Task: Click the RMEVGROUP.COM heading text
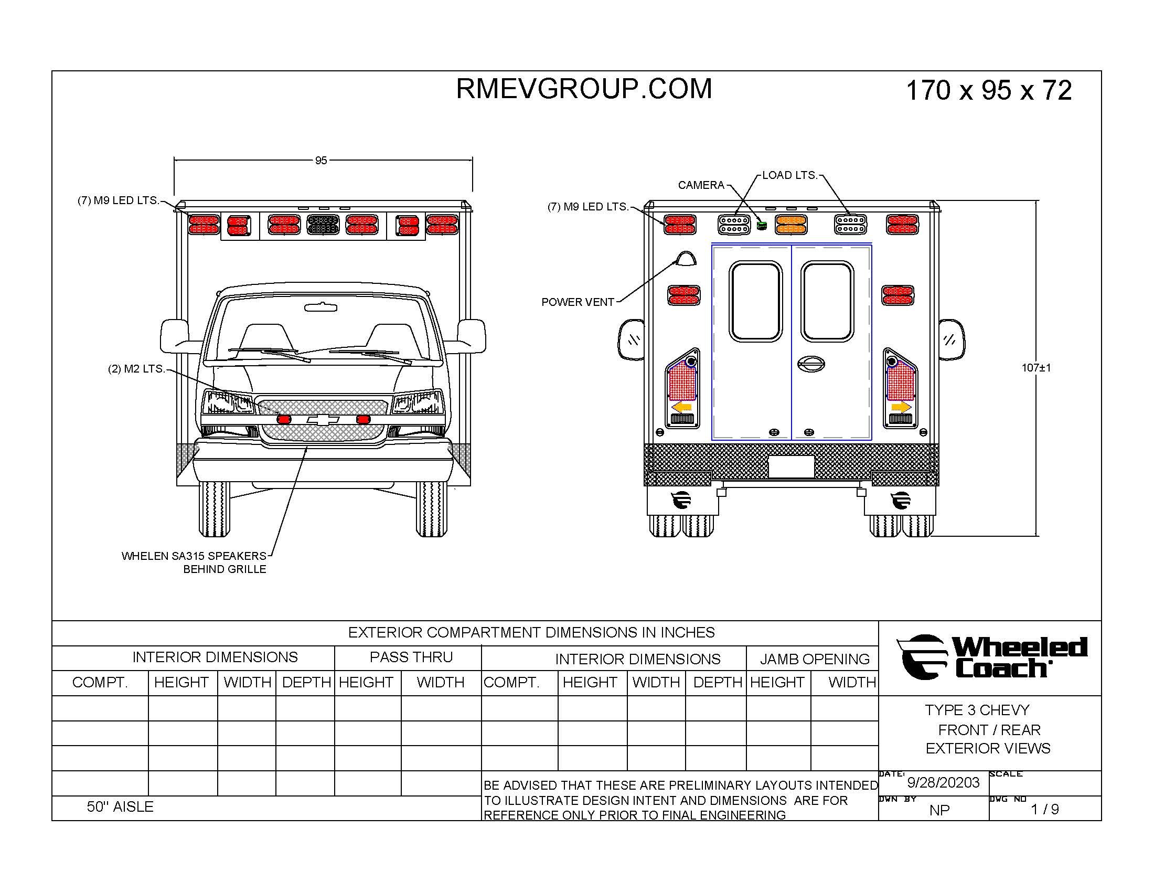pos(584,89)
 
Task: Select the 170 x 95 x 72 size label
pos(989,90)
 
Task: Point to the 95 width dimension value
pos(320,160)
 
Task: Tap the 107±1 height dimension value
pos(1036,368)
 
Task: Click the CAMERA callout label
pos(701,185)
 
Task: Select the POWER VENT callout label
pos(578,302)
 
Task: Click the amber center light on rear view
pos(790,225)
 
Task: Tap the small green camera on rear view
pos(762,226)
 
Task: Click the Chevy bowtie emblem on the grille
pos(323,420)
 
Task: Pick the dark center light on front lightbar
pos(323,225)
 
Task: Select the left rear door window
pos(755,302)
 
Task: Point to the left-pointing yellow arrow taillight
pos(682,407)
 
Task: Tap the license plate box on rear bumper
pos(790,467)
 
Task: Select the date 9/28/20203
pos(943,783)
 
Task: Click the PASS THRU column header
pos(411,657)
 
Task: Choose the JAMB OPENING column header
pos(814,659)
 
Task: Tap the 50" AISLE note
pos(120,807)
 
